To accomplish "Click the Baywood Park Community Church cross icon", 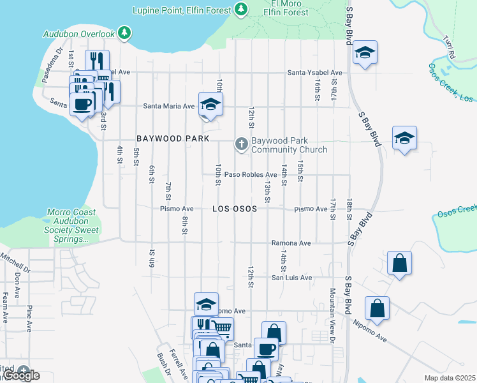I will point(241,144).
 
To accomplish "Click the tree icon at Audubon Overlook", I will point(126,33).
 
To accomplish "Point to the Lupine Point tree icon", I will point(241,9).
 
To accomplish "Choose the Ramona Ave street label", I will point(291,243).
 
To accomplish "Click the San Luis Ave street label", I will point(291,278).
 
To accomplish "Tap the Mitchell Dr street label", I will point(15,260).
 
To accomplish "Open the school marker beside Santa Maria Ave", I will point(210,104).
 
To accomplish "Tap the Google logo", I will point(22,375).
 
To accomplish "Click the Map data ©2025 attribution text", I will point(450,378).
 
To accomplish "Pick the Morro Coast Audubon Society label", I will point(71,225).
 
